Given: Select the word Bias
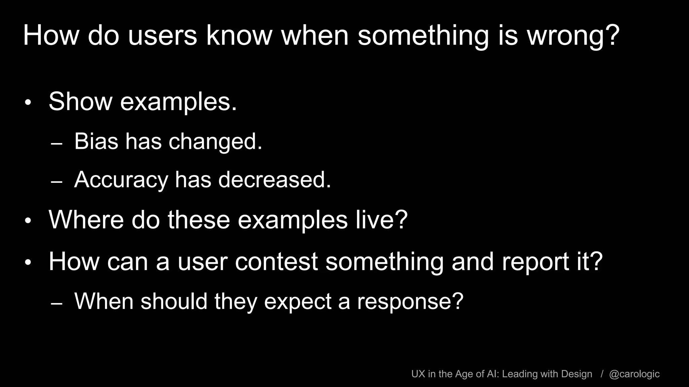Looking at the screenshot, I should pos(96,141).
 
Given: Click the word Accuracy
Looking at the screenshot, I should pos(121,180).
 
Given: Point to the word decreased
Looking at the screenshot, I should pos(275,180).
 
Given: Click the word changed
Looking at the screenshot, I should pos(215,141).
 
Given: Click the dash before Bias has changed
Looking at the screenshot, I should pos(57,144).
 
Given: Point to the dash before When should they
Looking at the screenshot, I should pos(57,303).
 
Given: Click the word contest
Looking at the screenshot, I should pos(276,262).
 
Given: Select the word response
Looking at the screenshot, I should pos(410,301).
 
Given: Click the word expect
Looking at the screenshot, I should pos(297,301).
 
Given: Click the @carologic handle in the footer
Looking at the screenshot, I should pos(634,374).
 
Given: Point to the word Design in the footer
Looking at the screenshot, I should pos(577,374).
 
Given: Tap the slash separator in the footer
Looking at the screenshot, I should pos(602,374).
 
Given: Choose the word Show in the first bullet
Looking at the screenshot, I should pos(80,101).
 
